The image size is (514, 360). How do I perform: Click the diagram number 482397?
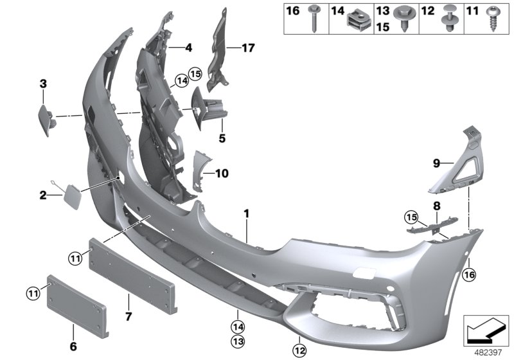(x=490, y=352)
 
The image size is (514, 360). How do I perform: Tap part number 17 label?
(x=249, y=47)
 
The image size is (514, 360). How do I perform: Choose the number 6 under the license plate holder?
(x=73, y=346)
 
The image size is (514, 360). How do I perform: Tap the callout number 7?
(x=127, y=316)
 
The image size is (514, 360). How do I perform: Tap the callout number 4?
(x=188, y=47)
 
